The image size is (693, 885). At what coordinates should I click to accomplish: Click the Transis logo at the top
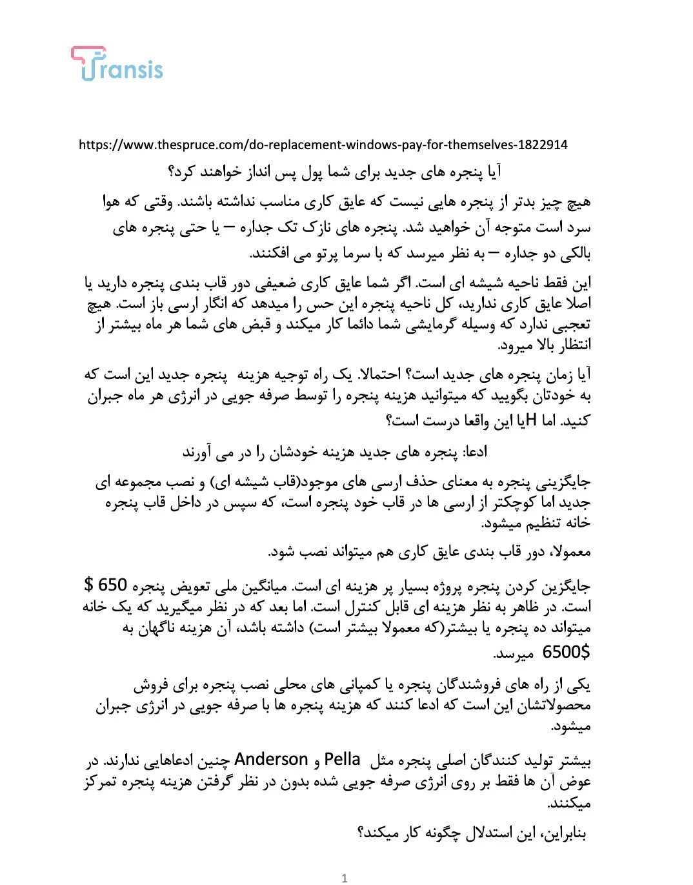click(x=117, y=64)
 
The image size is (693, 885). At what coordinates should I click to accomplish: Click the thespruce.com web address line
click(x=323, y=145)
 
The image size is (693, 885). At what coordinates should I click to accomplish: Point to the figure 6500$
click(x=566, y=652)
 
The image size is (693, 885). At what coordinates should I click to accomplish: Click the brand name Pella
click(x=342, y=759)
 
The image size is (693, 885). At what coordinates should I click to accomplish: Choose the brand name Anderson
click(x=271, y=759)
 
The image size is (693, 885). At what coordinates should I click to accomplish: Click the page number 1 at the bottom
click(x=345, y=878)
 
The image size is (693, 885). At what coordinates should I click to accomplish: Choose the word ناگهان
click(x=159, y=627)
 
